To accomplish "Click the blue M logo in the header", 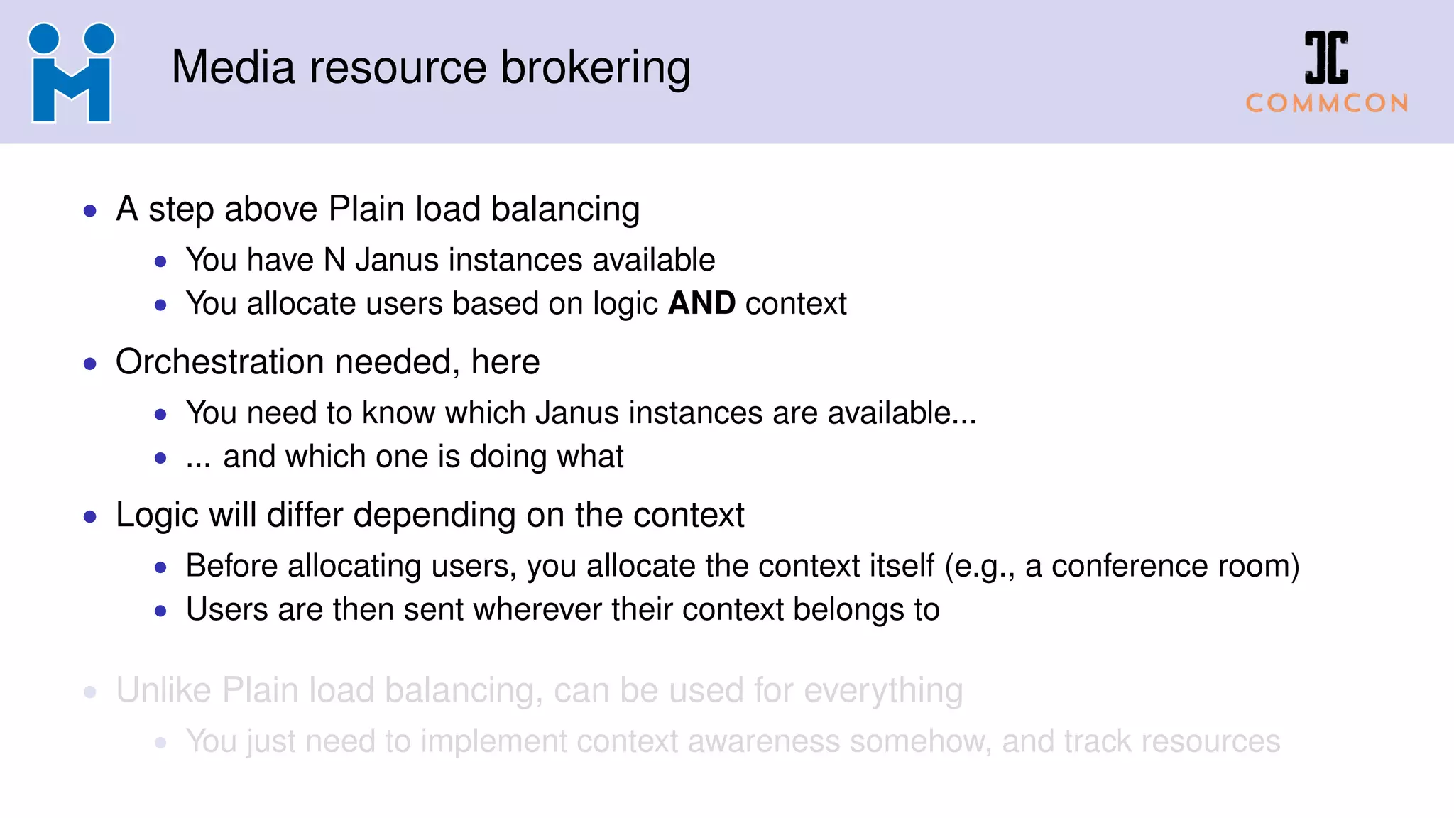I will [x=71, y=73].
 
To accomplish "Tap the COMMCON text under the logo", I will [x=1327, y=104].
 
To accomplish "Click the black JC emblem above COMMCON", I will [x=1326, y=57].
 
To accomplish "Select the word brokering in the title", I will [x=596, y=68].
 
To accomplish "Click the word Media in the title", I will [x=233, y=68].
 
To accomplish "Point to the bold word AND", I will [x=701, y=303].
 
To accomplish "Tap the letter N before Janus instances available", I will [x=334, y=260].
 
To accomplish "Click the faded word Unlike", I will [x=163, y=690].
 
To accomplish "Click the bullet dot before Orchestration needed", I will [x=90, y=364].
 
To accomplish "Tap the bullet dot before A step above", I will [x=90, y=211].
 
